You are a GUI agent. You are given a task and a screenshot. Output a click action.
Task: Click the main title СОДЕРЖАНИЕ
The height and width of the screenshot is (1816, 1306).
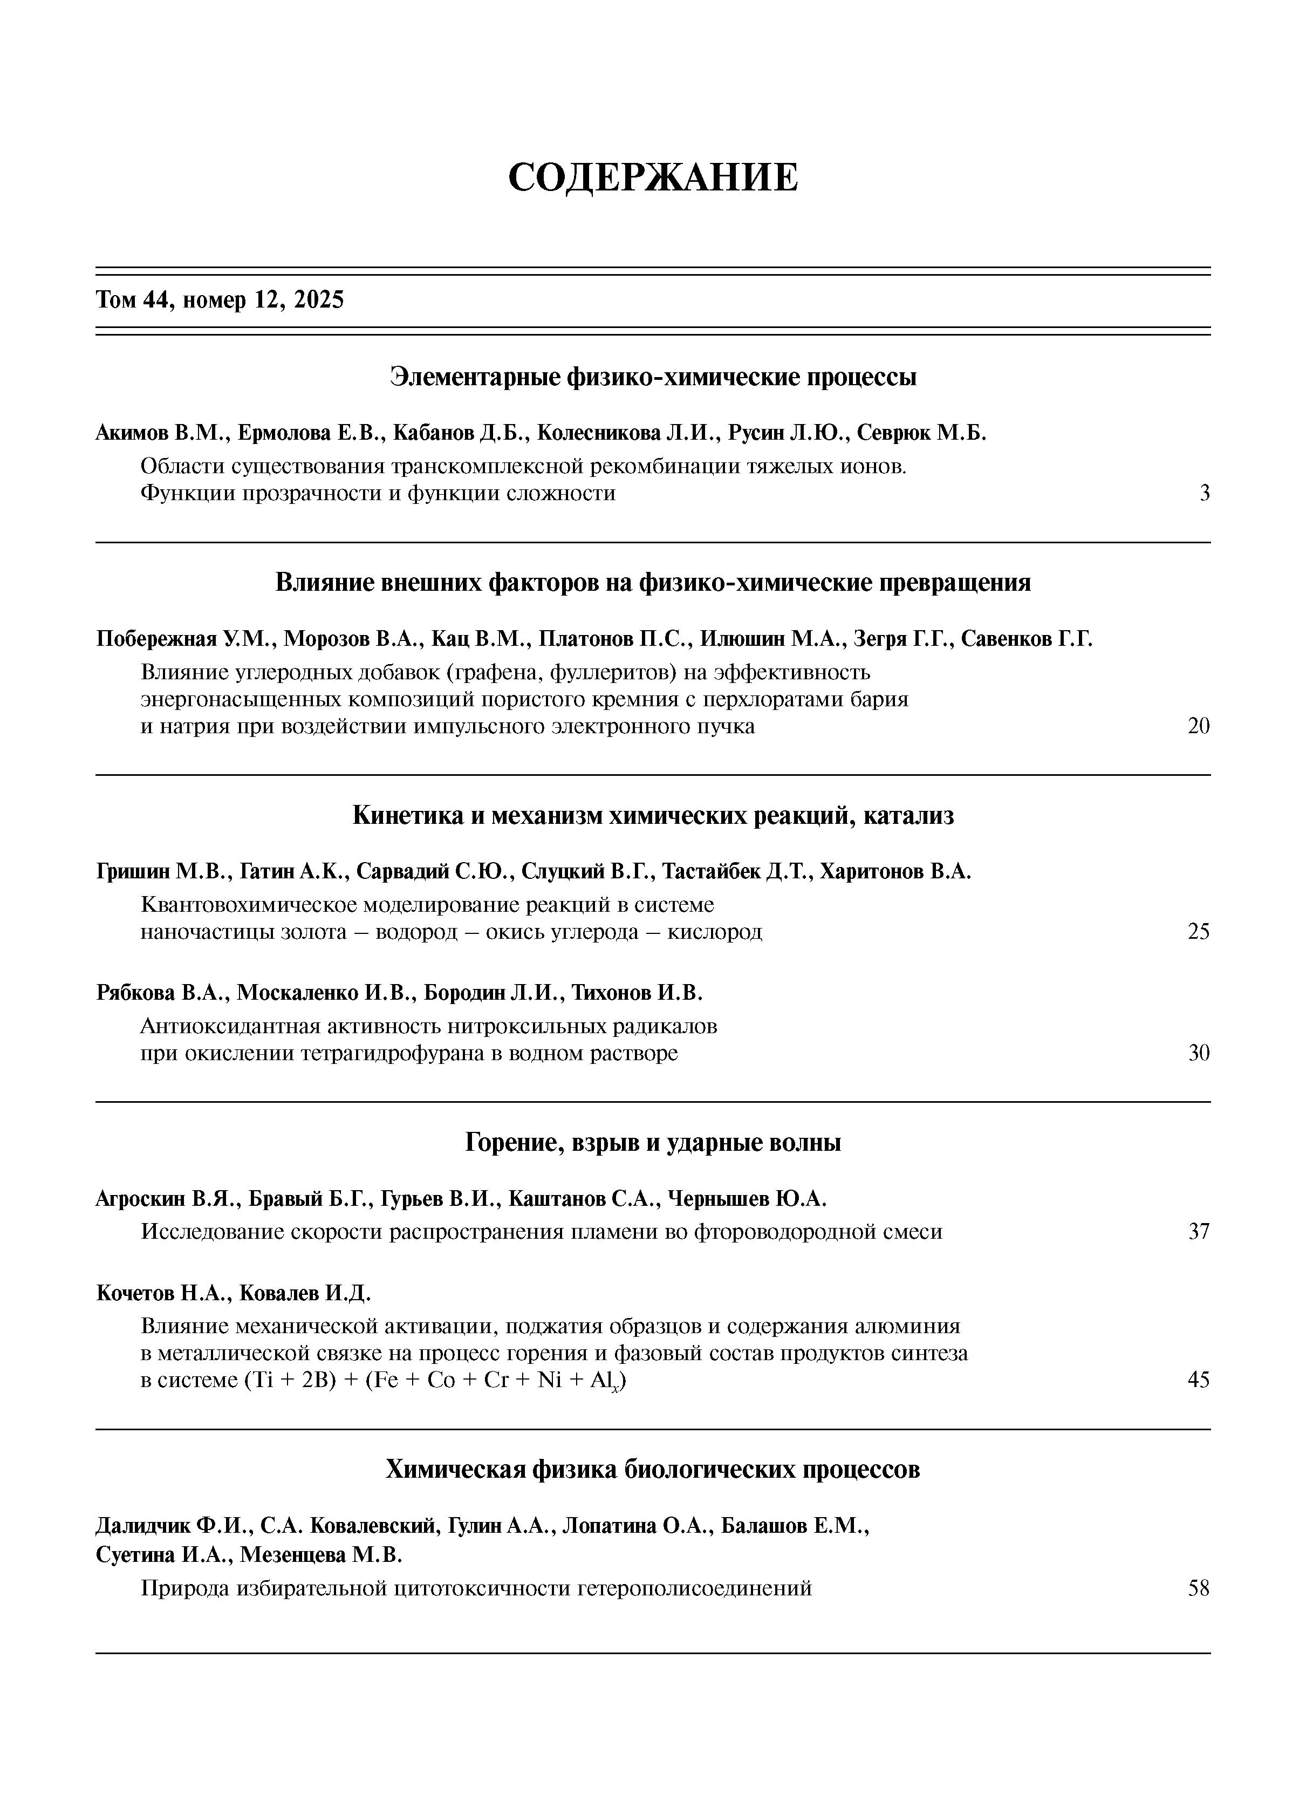(x=653, y=177)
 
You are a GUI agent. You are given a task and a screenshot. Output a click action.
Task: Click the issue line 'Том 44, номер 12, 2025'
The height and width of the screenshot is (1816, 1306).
(x=220, y=301)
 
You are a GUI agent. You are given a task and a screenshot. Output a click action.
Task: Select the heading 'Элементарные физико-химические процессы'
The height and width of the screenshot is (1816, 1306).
(x=653, y=377)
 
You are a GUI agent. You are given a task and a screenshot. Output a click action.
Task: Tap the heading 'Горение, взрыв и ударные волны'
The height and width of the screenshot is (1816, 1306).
(x=653, y=1143)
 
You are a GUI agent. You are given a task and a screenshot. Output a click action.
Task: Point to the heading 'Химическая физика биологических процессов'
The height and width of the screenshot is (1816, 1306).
(x=653, y=1469)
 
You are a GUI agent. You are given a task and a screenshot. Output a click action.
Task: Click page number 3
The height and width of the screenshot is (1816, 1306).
(x=1204, y=493)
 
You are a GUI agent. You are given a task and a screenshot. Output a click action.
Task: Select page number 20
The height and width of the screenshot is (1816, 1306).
(x=1198, y=726)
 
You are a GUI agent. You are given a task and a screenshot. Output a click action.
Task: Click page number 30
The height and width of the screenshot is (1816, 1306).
(x=1198, y=1053)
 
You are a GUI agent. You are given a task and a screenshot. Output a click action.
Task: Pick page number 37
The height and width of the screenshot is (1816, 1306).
(x=1198, y=1232)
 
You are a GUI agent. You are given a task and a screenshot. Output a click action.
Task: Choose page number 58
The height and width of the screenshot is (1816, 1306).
(x=1198, y=1589)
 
